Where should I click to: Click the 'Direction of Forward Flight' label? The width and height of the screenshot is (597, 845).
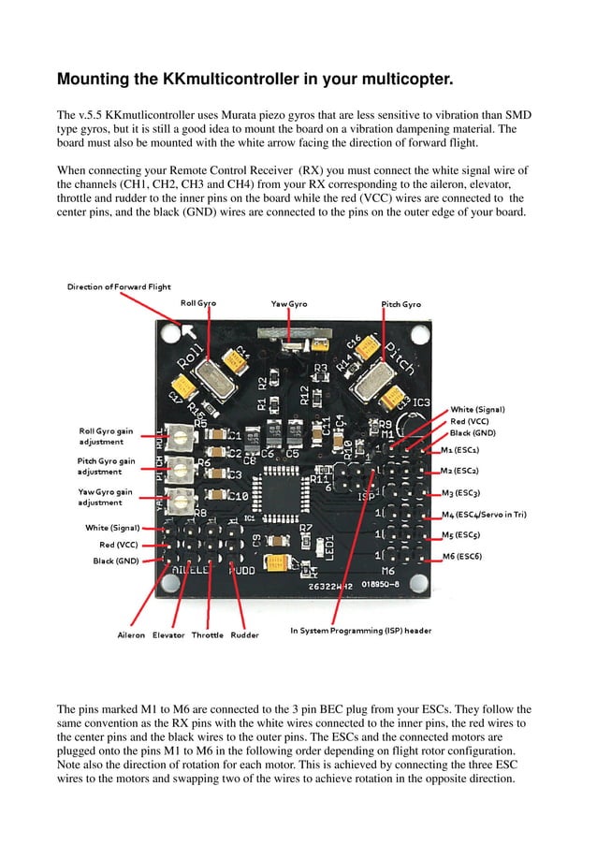pos(118,286)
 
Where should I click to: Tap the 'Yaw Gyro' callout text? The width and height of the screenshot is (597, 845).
pos(289,304)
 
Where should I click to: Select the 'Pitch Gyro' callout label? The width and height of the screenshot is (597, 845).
pos(400,304)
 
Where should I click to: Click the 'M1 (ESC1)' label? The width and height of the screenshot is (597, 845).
pos(459,450)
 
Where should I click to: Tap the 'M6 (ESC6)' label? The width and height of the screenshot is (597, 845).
pos(461,557)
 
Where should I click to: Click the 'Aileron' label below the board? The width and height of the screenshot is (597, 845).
pos(131,635)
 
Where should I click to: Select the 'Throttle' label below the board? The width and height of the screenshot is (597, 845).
pos(208,635)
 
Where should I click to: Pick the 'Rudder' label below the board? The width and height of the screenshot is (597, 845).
pos(244,635)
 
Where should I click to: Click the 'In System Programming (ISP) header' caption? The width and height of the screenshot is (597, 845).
pos(361,631)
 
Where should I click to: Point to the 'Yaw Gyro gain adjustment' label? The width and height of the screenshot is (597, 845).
pos(105,497)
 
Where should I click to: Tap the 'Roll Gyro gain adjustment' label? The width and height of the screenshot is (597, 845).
pos(106,435)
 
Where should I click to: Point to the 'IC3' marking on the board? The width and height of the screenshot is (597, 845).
pos(421,403)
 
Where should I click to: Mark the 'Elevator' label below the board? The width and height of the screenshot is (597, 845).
pos(168,635)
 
